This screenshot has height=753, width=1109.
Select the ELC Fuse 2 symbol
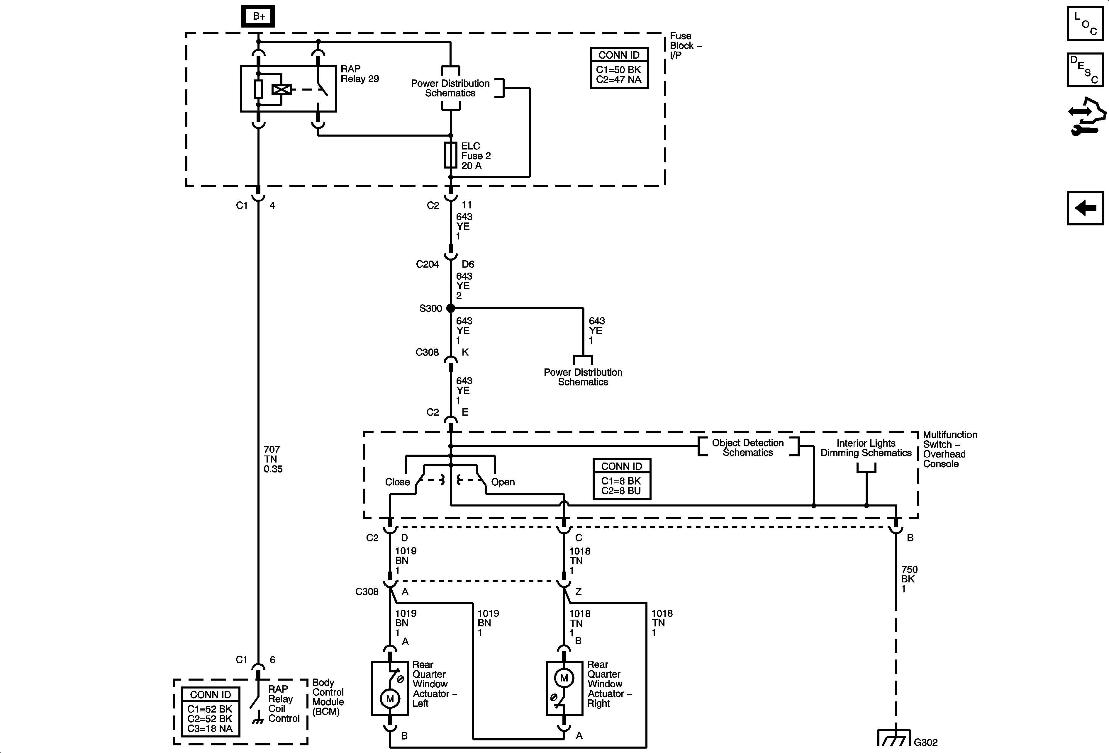[450, 155]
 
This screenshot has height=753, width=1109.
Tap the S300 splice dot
[450, 308]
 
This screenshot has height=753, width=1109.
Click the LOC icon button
[1085, 23]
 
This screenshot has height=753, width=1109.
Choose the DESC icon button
[1085, 70]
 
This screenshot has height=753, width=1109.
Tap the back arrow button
[1085, 208]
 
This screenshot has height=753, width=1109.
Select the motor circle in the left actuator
[390, 699]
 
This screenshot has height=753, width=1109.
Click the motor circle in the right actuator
[564, 678]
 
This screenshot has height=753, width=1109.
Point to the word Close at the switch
[398, 482]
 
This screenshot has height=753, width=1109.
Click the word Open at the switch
[503, 482]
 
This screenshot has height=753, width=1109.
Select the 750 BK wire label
[909, 579]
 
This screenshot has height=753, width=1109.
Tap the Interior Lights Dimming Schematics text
[866, 448]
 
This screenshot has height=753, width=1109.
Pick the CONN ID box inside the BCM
[211, 711]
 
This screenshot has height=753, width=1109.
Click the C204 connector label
[428, 264]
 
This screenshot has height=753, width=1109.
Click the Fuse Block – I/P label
[685, 45]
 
